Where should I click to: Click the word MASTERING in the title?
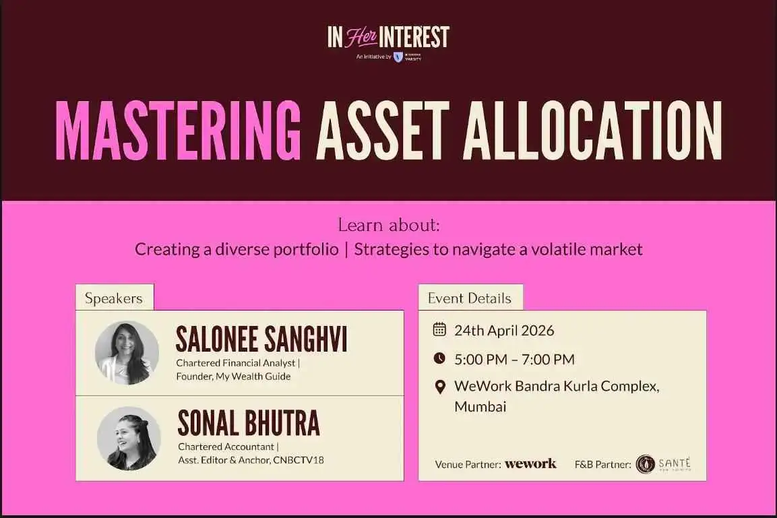pos(179,129)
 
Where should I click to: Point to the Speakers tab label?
pos(114,298)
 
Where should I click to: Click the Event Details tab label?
pos(470,298)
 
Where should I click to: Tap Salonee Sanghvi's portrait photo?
pos(127,352)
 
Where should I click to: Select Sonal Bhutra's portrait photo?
pos(129,439)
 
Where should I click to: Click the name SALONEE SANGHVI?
pos(261,340)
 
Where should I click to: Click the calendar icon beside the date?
pos(439,329)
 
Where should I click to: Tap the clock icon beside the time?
pos(439,358)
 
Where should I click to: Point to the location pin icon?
pos(440,387)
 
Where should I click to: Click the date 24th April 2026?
pos(504,330)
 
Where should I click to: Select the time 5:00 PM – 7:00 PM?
pos(514,359)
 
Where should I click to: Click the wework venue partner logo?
pos(530,463)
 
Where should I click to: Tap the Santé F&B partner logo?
pos(664,464)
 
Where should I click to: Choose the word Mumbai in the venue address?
pos(480,406)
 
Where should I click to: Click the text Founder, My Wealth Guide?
pos(233,377)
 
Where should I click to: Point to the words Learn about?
pos(389,225)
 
